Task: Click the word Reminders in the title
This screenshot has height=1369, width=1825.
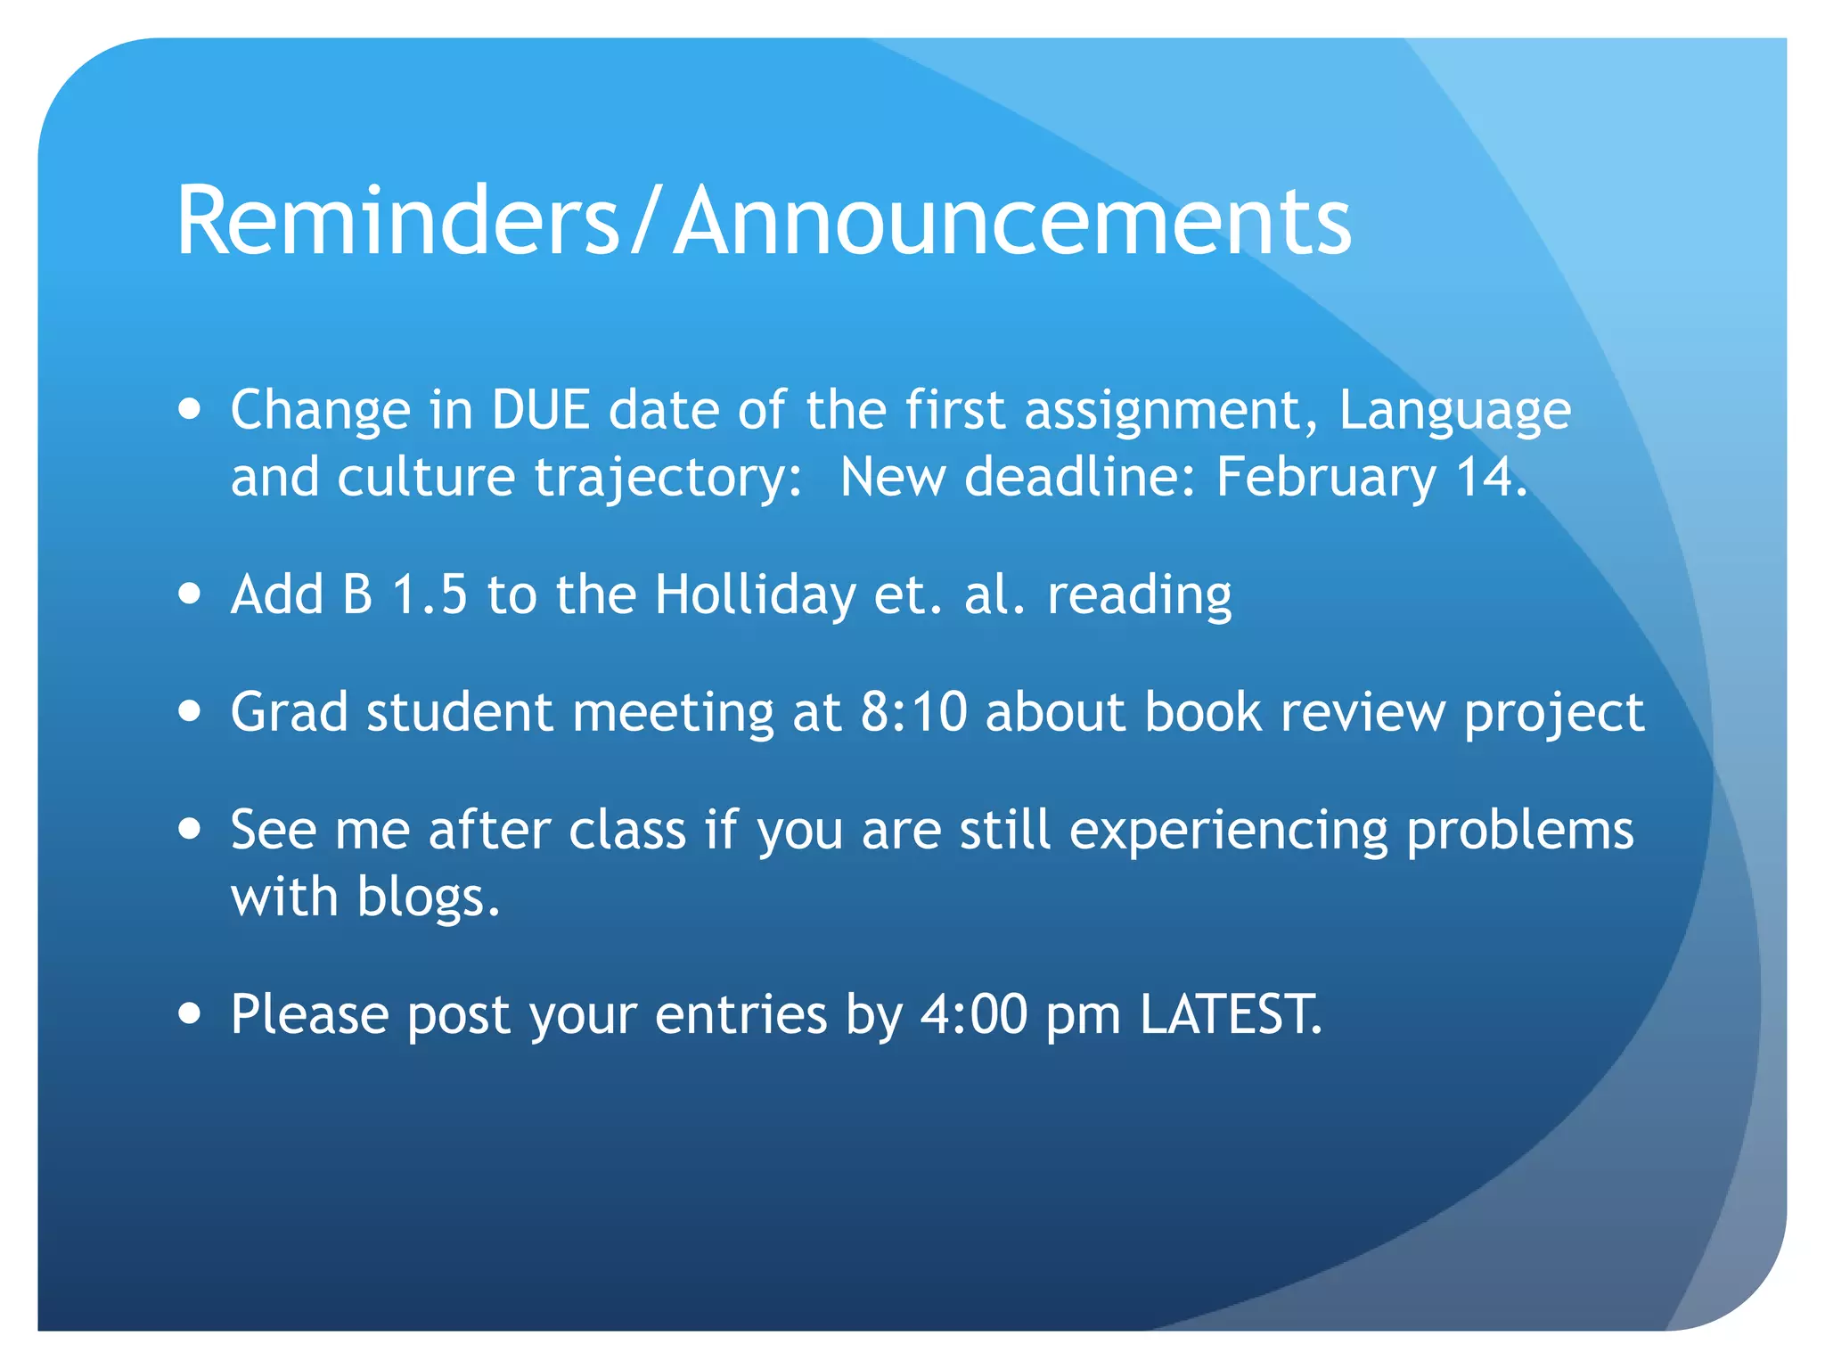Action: tap(397, 221)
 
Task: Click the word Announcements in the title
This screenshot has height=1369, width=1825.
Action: tap(1012, 221)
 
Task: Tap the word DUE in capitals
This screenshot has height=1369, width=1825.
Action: tap(541, 410)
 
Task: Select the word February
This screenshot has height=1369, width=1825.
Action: tap(1326, 478)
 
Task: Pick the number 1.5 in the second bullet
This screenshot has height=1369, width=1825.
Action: tap(430, 594)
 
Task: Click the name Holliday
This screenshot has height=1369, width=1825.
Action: tap(755, 594)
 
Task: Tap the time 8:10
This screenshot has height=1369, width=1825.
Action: tap(913, 712)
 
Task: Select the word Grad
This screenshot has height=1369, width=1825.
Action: tap(289, 712)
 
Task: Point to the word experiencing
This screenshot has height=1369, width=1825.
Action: tap(1228, 831)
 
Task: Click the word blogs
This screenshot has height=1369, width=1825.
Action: tap(428, 897)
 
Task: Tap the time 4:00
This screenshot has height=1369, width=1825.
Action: tap(973, 1014)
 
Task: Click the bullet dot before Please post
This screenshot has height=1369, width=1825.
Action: tap(189, 1013)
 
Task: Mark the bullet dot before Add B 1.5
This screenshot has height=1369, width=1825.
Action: tap(189, 594)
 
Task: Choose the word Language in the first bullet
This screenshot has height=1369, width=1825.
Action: tap(1454, 412)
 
